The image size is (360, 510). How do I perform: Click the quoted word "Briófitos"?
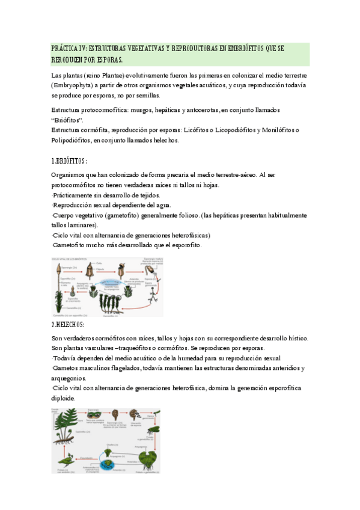(x=67, y=120)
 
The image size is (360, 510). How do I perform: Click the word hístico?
(x=294, y=339)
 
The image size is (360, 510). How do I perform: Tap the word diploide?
(x=64, y=398)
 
